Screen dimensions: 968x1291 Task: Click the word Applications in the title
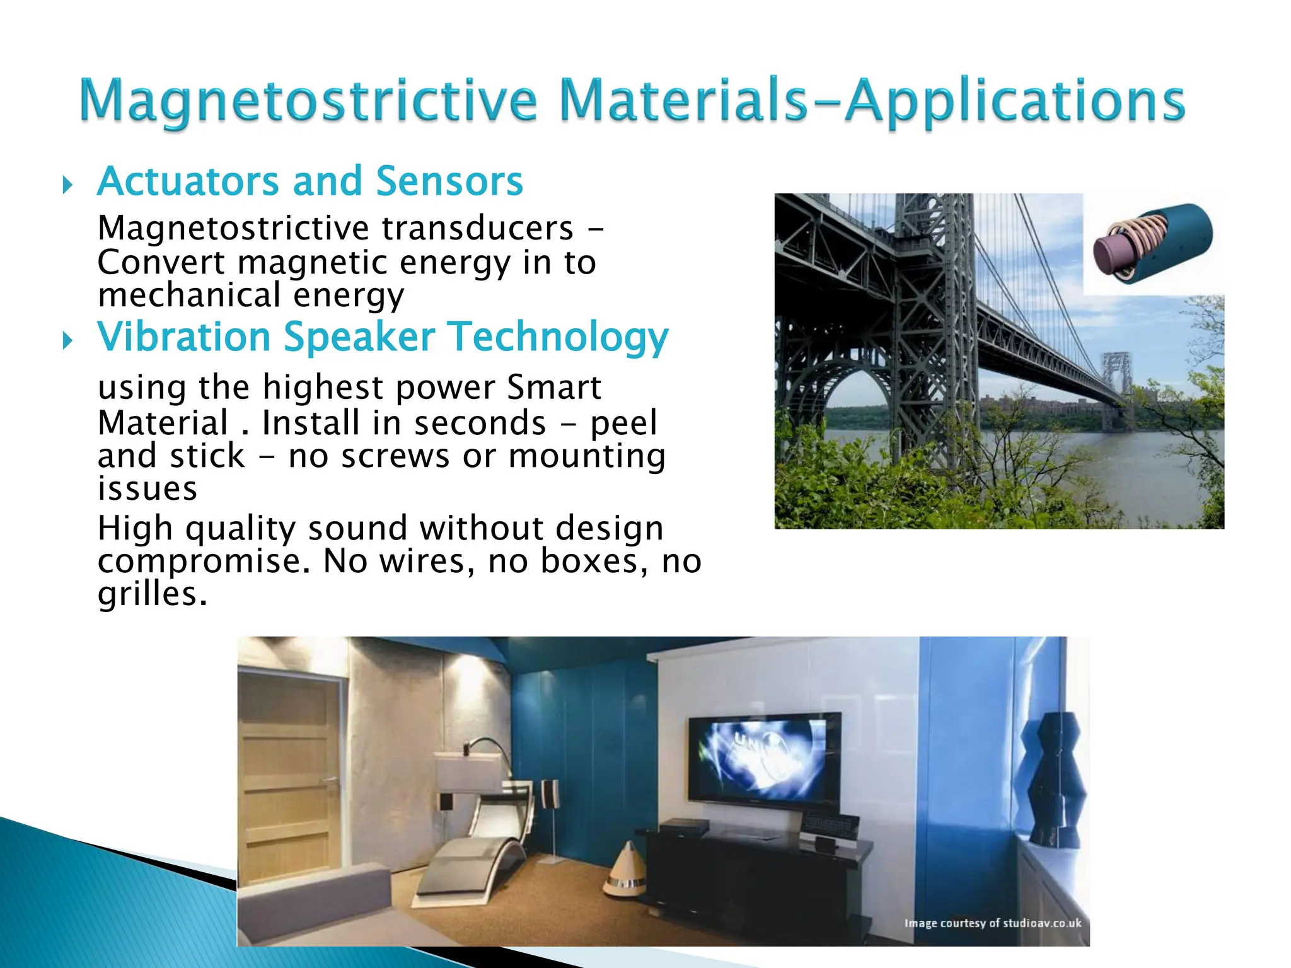pyautogui.click(x=1015, y=101)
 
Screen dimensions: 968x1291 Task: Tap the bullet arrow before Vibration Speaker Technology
pyautogui.click(x=67, y=342)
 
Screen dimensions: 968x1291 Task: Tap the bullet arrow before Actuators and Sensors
pyautogui.click(x=67, y=185)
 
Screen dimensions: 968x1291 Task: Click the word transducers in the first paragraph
pyautogui.click(x=477, y=228)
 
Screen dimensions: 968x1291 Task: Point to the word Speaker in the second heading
pyautogui.click(x=359, y=337)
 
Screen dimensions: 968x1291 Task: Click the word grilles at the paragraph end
pyautogui.click(x=151, y=594)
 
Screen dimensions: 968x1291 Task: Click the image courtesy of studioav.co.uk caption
pyautogui.click(x=992, y=923)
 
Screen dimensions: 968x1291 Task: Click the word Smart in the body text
pyautogui.click(x=553, y=387)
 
